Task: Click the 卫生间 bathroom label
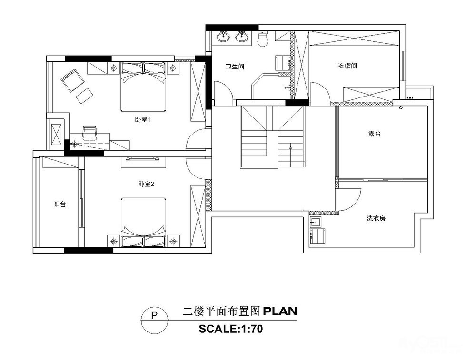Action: pos(235,67)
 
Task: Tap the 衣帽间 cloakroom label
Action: pos(347,66)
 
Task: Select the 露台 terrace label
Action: pos(374,134)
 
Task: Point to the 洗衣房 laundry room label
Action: pos(376,218)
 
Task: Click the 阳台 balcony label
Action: pos(59,204)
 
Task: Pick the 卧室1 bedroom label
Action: pos(143,119)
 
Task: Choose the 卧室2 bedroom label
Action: pos(146,184)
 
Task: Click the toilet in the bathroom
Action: pos(262,39)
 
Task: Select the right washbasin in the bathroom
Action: pos(242,37)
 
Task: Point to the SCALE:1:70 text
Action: pos(231,329)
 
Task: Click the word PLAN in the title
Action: pos(280,311)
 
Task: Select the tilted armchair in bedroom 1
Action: pos(72,80)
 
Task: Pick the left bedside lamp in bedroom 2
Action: pos(114,242)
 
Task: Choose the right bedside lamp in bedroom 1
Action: pos(173,68)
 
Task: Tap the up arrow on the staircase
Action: pos(291,156)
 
